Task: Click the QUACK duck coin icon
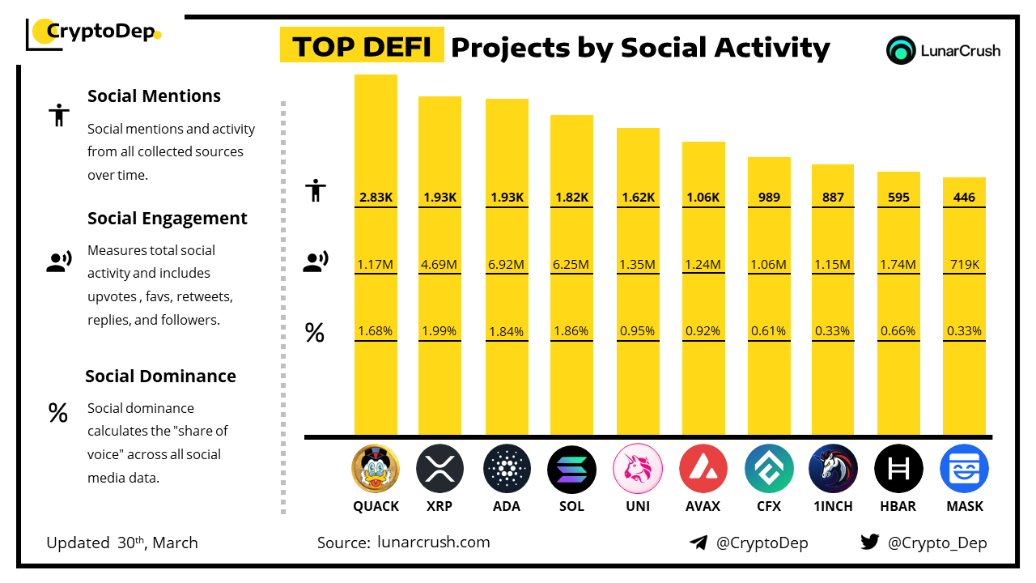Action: [x=376, y=469]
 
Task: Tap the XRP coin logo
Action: [x=440, y=469]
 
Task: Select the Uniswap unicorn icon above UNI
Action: [x=637, y=469]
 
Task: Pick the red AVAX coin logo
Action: [x=703, y=469]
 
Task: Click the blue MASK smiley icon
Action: [x=964, y=469]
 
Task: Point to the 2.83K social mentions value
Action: [x=376, y=198]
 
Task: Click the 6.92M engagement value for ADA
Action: [x=507, y=264]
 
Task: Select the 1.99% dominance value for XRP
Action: [x=439, y=331]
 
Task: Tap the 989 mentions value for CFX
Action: [x=769, y=198]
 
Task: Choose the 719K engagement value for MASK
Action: [x=964, y=264]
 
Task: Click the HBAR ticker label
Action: [x=898, y=507]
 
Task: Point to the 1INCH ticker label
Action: [x=833, y=507]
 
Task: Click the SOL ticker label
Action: [x=571, y=507]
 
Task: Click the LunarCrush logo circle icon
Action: [x=901, y=50]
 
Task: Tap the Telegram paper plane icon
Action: [x=698, y=543]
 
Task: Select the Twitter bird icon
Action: [x=870, y=543]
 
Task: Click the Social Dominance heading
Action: [x=160, y=377]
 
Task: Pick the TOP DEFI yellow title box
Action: [x=362, y=47]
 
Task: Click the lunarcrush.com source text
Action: [x=433, y=543]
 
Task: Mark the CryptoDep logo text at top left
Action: [x=99, y=32]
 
